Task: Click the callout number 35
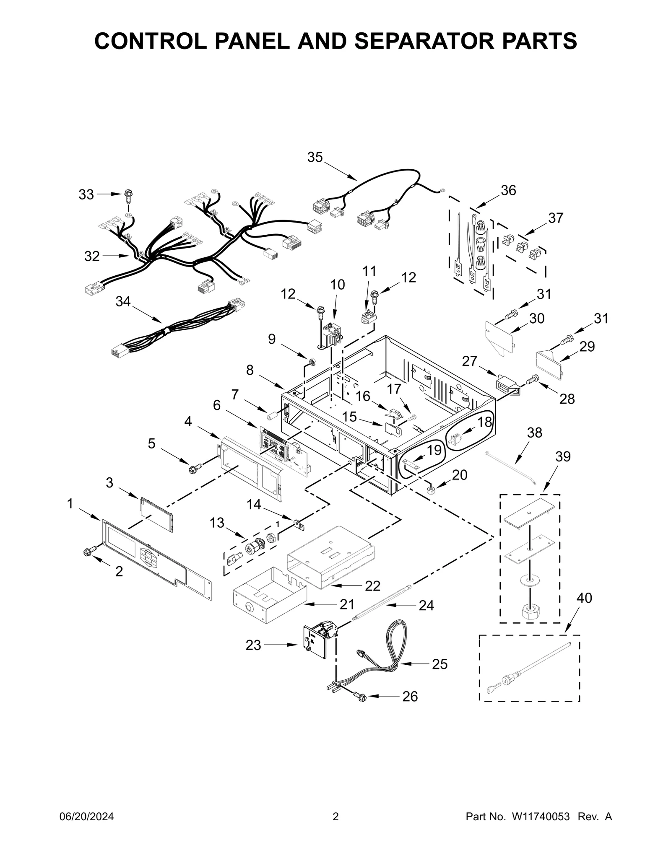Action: click(315, 157)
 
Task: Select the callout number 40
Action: click(584, 598)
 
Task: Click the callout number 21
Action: click(347, 604)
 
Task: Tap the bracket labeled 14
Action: click(298, 525)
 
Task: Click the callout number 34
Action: click(123, 301)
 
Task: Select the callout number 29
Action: click(587, 347)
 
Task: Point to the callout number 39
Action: click(563, 456)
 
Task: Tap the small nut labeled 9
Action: click(312, 361)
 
